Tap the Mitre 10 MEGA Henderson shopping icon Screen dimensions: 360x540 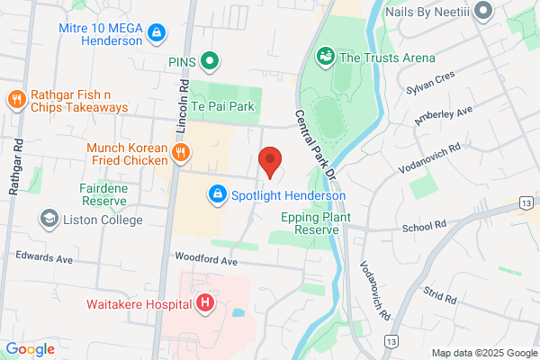pos(157,32)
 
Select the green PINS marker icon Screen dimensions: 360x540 pos(210,61)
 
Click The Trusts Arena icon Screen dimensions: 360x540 pos(325,57)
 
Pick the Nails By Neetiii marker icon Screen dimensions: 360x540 pos(483,11)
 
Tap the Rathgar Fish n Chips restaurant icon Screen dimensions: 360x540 pos(15,99)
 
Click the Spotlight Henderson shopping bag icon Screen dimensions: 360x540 pos(217,194)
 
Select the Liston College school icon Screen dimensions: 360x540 pos(49,219)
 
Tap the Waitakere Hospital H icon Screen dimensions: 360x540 pos(204,302)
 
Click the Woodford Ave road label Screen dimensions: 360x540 pos(206,261)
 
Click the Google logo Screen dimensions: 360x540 pos(31,349)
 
